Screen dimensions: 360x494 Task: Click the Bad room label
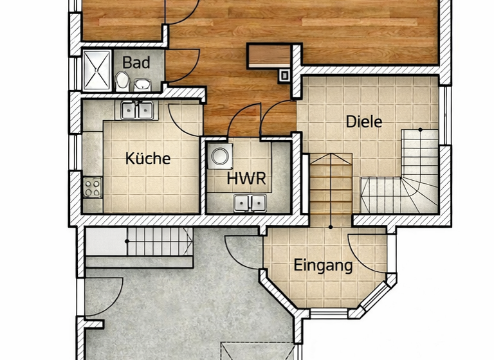[136, 62]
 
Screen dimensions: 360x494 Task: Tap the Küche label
[148, 158]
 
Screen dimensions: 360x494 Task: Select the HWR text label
[246, 179]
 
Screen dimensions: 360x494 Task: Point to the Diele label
[364, 122]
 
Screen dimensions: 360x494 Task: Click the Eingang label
[324, 265]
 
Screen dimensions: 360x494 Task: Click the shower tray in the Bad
[96, 69]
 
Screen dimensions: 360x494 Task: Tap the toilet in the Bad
[122, 80]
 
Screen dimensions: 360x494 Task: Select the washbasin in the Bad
[142, 84]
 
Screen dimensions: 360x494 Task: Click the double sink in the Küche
[137, 111]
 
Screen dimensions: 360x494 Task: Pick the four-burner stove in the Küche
[93, 187]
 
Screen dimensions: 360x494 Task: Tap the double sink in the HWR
[250, 203]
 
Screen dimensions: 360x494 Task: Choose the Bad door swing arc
[181, 67]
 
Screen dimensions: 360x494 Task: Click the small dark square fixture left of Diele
[284, 75]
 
